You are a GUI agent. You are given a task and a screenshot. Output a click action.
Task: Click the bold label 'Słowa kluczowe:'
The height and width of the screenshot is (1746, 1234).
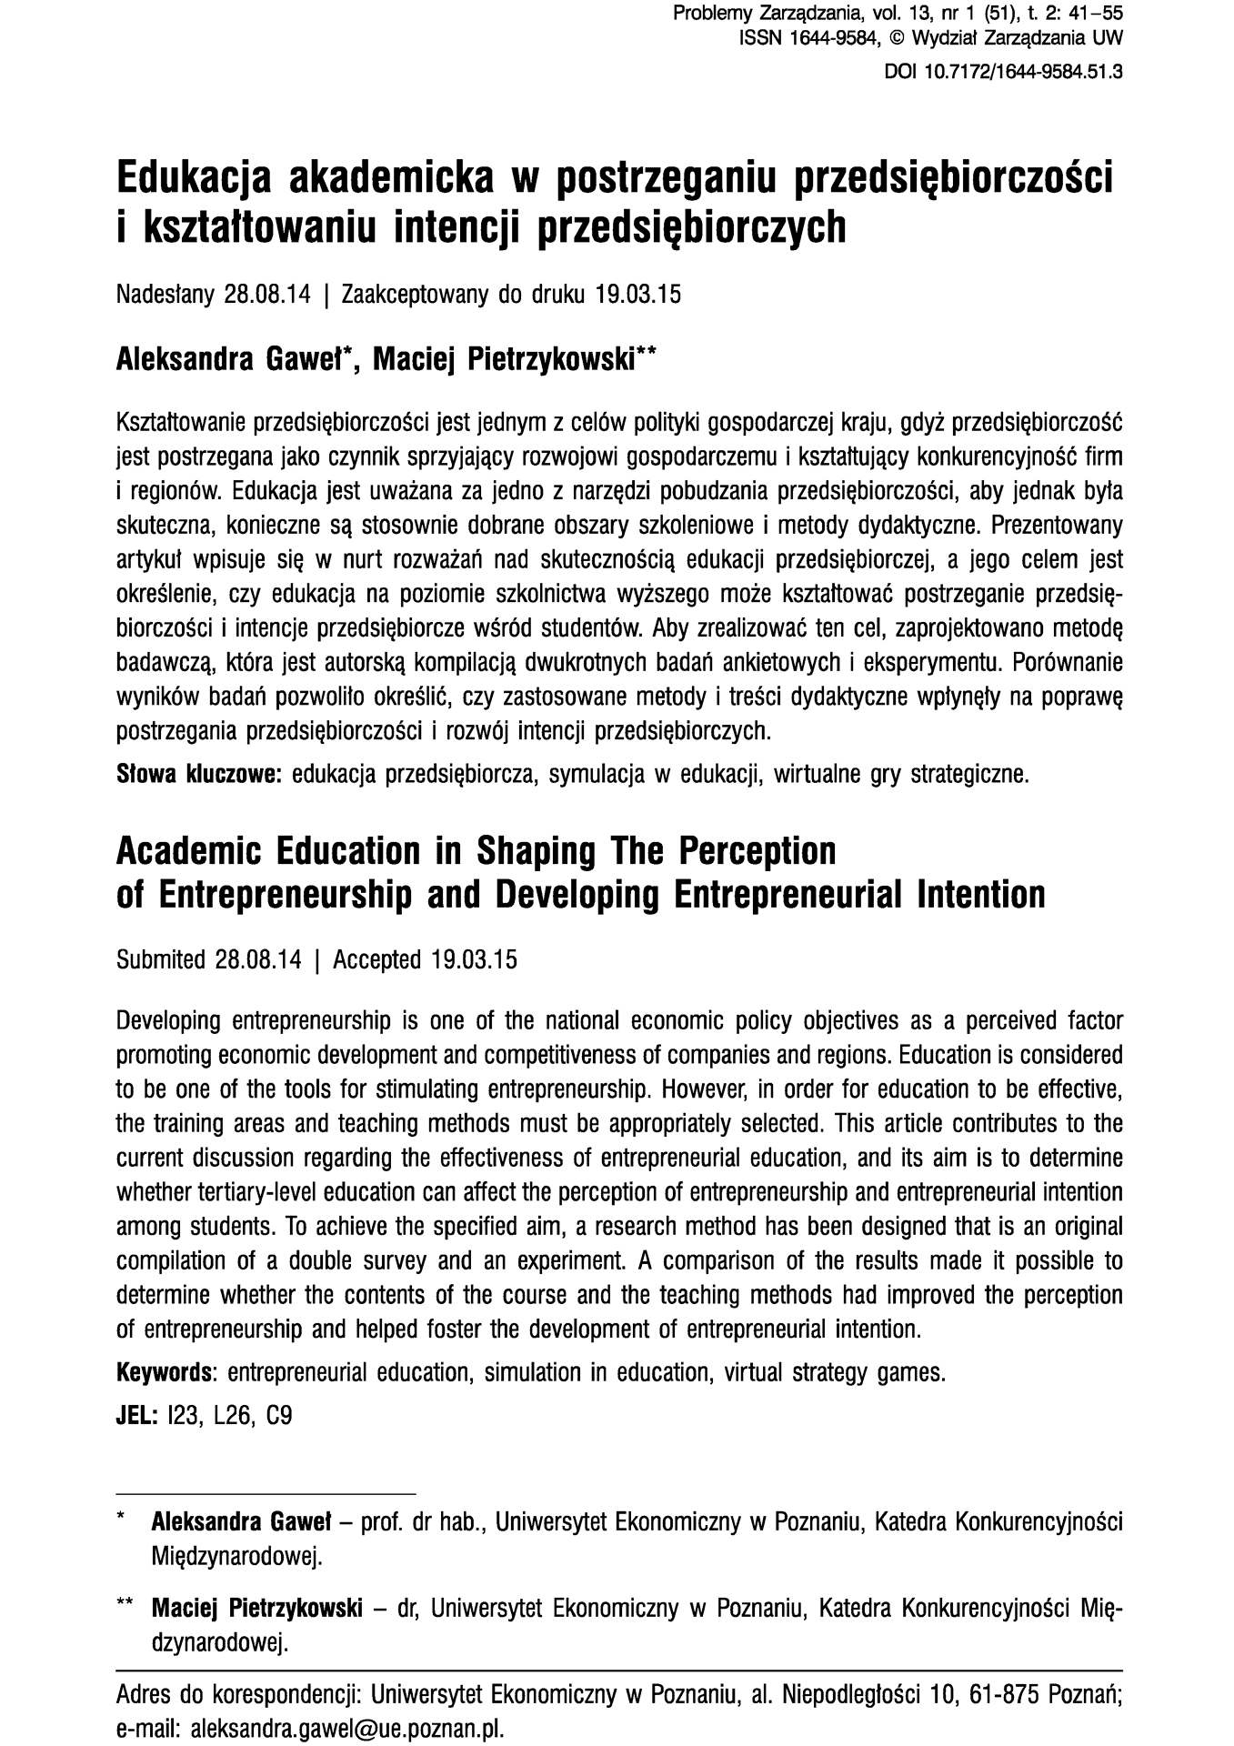[x=200, y=776]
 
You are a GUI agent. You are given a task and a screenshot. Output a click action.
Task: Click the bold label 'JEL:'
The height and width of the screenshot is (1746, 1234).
[x=138, y=1416]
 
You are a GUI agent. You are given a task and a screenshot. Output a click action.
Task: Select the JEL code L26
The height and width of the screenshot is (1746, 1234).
[x=233, y=1416]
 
